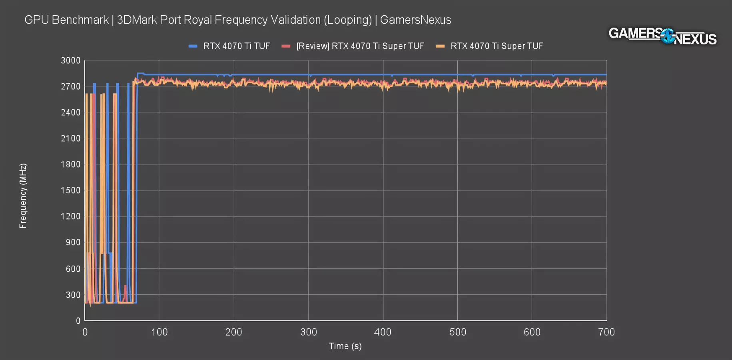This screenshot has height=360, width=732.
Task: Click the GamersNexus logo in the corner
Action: pos(662,36)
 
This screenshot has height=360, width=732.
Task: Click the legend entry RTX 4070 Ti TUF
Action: pos(236,46)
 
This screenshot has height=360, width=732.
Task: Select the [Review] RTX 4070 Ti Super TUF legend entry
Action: pos(360,46)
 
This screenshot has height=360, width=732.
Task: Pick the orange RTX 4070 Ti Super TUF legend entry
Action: pos(497,46)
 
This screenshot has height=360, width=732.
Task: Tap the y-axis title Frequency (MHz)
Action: pos(23,196)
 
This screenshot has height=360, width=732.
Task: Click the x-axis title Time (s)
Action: pos(345,346)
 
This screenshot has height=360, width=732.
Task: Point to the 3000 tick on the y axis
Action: pos(71,60)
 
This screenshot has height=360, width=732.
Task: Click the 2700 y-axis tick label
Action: pos(71,86)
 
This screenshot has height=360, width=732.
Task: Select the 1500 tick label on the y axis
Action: pos(71,190)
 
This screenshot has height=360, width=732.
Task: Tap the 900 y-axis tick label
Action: pos(73,242)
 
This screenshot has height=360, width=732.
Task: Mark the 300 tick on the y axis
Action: pos(73,295)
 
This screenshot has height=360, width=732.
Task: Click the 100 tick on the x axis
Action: pos(159,332)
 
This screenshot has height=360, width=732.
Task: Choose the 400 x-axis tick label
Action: pos(383,332)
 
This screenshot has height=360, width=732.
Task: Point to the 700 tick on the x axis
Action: pos(606,332)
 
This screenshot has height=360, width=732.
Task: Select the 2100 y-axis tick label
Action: pos(71,138)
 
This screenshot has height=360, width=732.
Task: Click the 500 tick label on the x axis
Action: pos(458,332)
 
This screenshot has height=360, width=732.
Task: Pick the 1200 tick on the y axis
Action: pos(71,216)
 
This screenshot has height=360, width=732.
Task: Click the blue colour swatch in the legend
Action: pos(193,46)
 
